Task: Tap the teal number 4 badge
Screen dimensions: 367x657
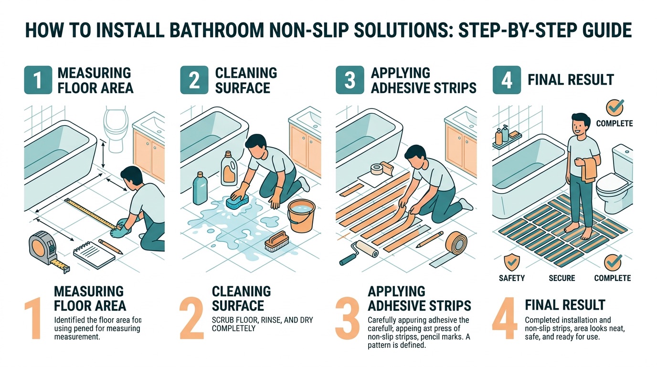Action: tap(507, 80)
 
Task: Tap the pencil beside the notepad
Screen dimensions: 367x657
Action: tap(111, 247)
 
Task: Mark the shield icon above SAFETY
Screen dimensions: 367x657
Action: tap(512, 261)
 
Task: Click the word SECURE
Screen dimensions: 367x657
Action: tap(562, 278)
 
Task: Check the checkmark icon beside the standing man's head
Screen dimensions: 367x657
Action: tap(614, 107)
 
